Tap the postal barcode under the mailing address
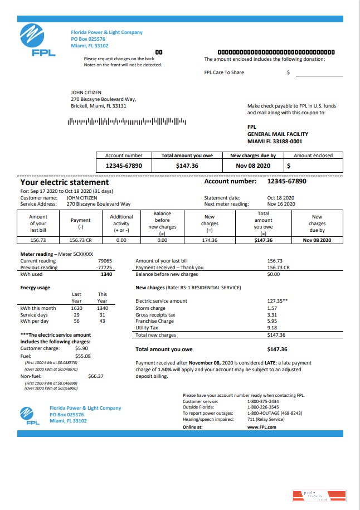(127, 121)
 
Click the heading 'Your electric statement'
(65, 182)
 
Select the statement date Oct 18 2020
(280, 198)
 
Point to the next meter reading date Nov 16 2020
(280, 204)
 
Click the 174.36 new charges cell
(210, 240)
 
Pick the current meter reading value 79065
(105, 261)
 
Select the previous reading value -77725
(104, 268)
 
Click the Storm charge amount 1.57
(272, 308)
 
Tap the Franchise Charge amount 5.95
(272, 321)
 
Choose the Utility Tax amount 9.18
(272, 328)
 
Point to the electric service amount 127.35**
(277, 301)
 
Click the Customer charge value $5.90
(81, 348)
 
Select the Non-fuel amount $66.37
(95, 376)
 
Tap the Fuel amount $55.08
(82, 356)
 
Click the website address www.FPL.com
(261, 427)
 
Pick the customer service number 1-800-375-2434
(263, 401)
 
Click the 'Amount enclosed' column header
(313, 156)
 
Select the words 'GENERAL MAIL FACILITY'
(278, 134)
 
